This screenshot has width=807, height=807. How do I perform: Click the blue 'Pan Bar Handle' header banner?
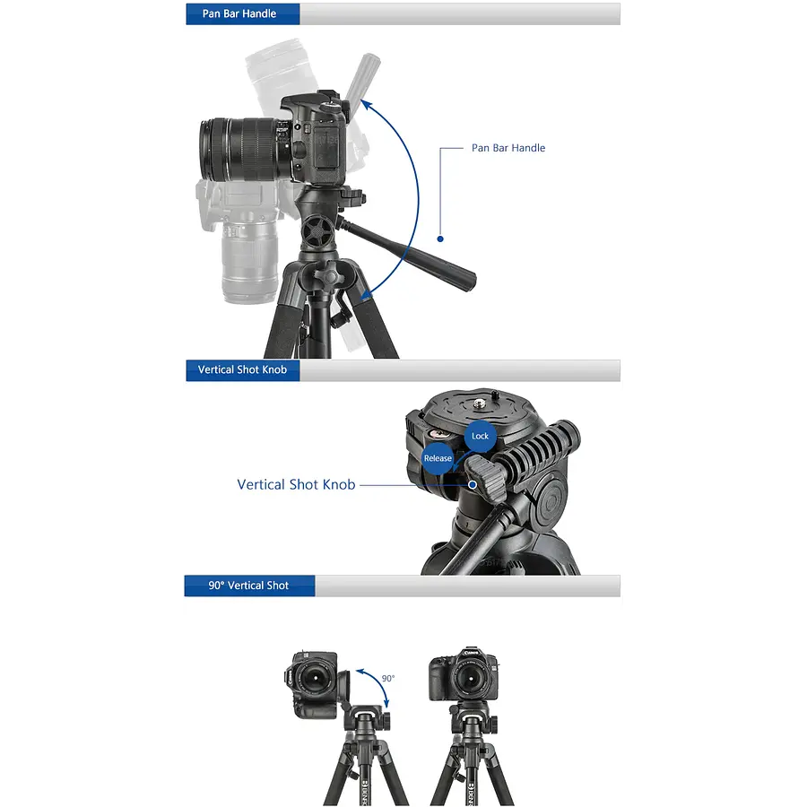pos(242,13)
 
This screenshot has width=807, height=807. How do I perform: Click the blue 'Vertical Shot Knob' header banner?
pos(242,370)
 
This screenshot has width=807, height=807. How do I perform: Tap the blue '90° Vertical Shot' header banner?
pos(249,586)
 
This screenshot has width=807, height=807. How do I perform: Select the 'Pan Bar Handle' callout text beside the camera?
pos(508,148)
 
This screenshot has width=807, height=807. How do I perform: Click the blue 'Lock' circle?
pos(481,437)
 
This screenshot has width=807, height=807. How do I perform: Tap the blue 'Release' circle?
pos(438,458)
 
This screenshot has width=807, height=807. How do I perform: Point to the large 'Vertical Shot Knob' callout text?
pos(296,485)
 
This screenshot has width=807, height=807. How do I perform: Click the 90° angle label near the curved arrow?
pos(388,679)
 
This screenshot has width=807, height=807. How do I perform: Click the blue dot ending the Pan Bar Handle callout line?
pos(440,239)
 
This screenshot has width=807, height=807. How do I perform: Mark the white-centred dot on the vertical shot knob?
pos(473,485)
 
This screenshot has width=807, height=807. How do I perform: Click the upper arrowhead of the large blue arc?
pos(366,105)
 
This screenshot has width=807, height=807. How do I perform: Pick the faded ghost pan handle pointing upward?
pos(363,77)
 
